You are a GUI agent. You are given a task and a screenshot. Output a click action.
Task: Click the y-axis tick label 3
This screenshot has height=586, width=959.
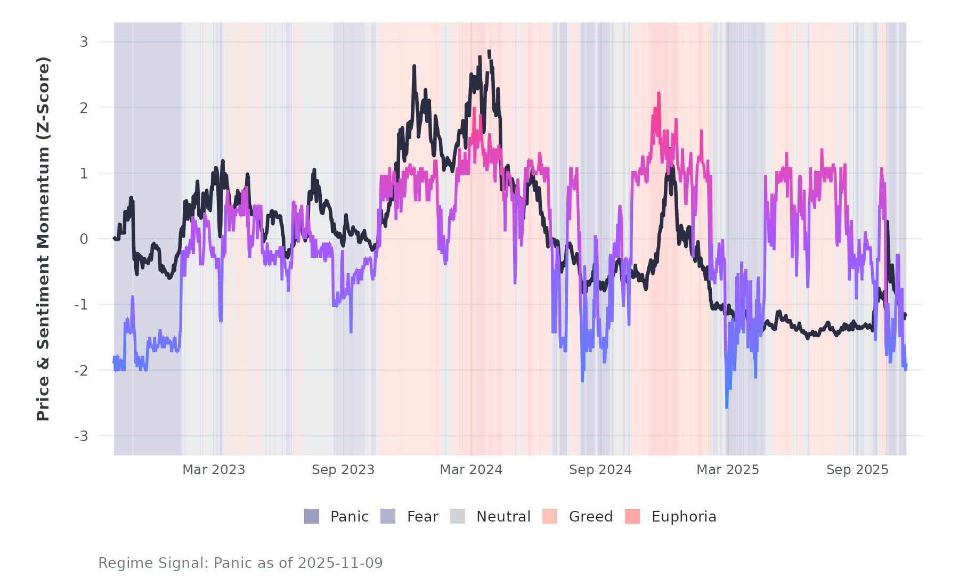click(84, 42)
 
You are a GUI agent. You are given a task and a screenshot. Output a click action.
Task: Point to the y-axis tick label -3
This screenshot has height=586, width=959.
click(81, 436)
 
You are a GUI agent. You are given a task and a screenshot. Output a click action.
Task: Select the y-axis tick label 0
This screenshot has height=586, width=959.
click(84, 239)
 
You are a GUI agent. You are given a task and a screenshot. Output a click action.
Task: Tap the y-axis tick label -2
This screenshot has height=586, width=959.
click(81, 371)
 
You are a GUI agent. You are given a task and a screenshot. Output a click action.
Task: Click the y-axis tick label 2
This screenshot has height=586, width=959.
click(84, 108)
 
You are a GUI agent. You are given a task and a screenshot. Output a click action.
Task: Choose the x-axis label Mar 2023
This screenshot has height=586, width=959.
click(214, 470)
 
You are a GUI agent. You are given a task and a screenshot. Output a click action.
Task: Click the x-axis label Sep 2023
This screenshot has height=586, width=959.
click(343, 470)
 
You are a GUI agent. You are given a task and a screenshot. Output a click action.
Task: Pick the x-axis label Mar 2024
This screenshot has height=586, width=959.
click(471, 470)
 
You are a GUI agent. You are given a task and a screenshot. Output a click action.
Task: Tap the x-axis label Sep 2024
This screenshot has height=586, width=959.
click(600, 470)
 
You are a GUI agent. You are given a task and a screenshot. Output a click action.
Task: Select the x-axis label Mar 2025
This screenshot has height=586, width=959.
click(728, 470)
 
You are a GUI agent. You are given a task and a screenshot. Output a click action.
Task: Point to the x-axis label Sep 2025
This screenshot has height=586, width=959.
click(857, 470)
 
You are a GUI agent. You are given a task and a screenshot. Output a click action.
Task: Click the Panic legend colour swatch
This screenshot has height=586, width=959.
click(312, 516)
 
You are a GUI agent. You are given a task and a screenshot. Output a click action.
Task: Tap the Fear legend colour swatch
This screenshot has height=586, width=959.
click(388, 516)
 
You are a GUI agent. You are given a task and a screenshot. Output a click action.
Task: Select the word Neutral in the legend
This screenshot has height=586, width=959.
click(503, 517)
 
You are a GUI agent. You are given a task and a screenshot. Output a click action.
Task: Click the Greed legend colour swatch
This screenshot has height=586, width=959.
click(550, 516)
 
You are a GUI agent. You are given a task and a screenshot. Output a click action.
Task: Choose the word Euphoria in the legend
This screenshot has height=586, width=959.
click(684, 517)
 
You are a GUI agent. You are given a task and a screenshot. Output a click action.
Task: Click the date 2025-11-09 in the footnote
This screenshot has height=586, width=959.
click(340, 563)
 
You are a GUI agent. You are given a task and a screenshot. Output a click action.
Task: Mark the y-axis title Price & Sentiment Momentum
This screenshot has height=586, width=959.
click(43, 239)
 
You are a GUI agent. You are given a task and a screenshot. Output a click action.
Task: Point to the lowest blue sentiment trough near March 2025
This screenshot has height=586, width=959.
click(727, 408)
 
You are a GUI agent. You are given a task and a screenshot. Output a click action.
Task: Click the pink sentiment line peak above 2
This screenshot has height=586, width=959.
click(659, 93)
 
